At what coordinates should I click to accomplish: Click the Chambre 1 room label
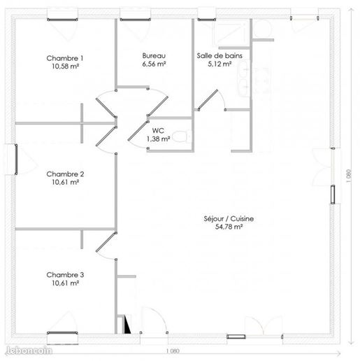click(x=65, y=58)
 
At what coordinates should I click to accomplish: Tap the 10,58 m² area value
click(x=65, y=66)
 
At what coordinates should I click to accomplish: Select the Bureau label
click(x=154, y=56)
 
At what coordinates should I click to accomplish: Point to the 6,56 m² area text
click(x=154, y=64)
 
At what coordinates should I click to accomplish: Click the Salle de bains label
click(x=219, y=56)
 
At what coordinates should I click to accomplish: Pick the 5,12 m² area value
click(x=219, y=64)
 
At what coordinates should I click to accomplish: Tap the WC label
click(x=158, y=131)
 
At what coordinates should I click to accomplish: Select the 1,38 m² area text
click(x=158, y=139)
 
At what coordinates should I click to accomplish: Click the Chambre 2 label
click(x=65, y=174)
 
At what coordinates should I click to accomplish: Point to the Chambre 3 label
click(x=65, y=275)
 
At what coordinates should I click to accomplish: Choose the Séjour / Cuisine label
click(x=229, y=219)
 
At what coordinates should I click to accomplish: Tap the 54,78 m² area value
click(x=229, y=227)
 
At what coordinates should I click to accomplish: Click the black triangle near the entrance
click(x=127, y=324)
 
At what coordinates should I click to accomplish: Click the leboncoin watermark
click(x=29, y=351)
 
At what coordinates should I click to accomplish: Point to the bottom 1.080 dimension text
click(x=173, y=351)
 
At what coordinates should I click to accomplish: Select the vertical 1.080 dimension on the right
click(x=349, y=176)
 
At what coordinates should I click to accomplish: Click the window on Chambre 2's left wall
click(x=16, y=160)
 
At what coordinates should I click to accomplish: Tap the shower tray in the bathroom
click(x=231, y=33)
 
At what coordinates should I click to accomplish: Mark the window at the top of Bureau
click(x=135, y=20)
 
